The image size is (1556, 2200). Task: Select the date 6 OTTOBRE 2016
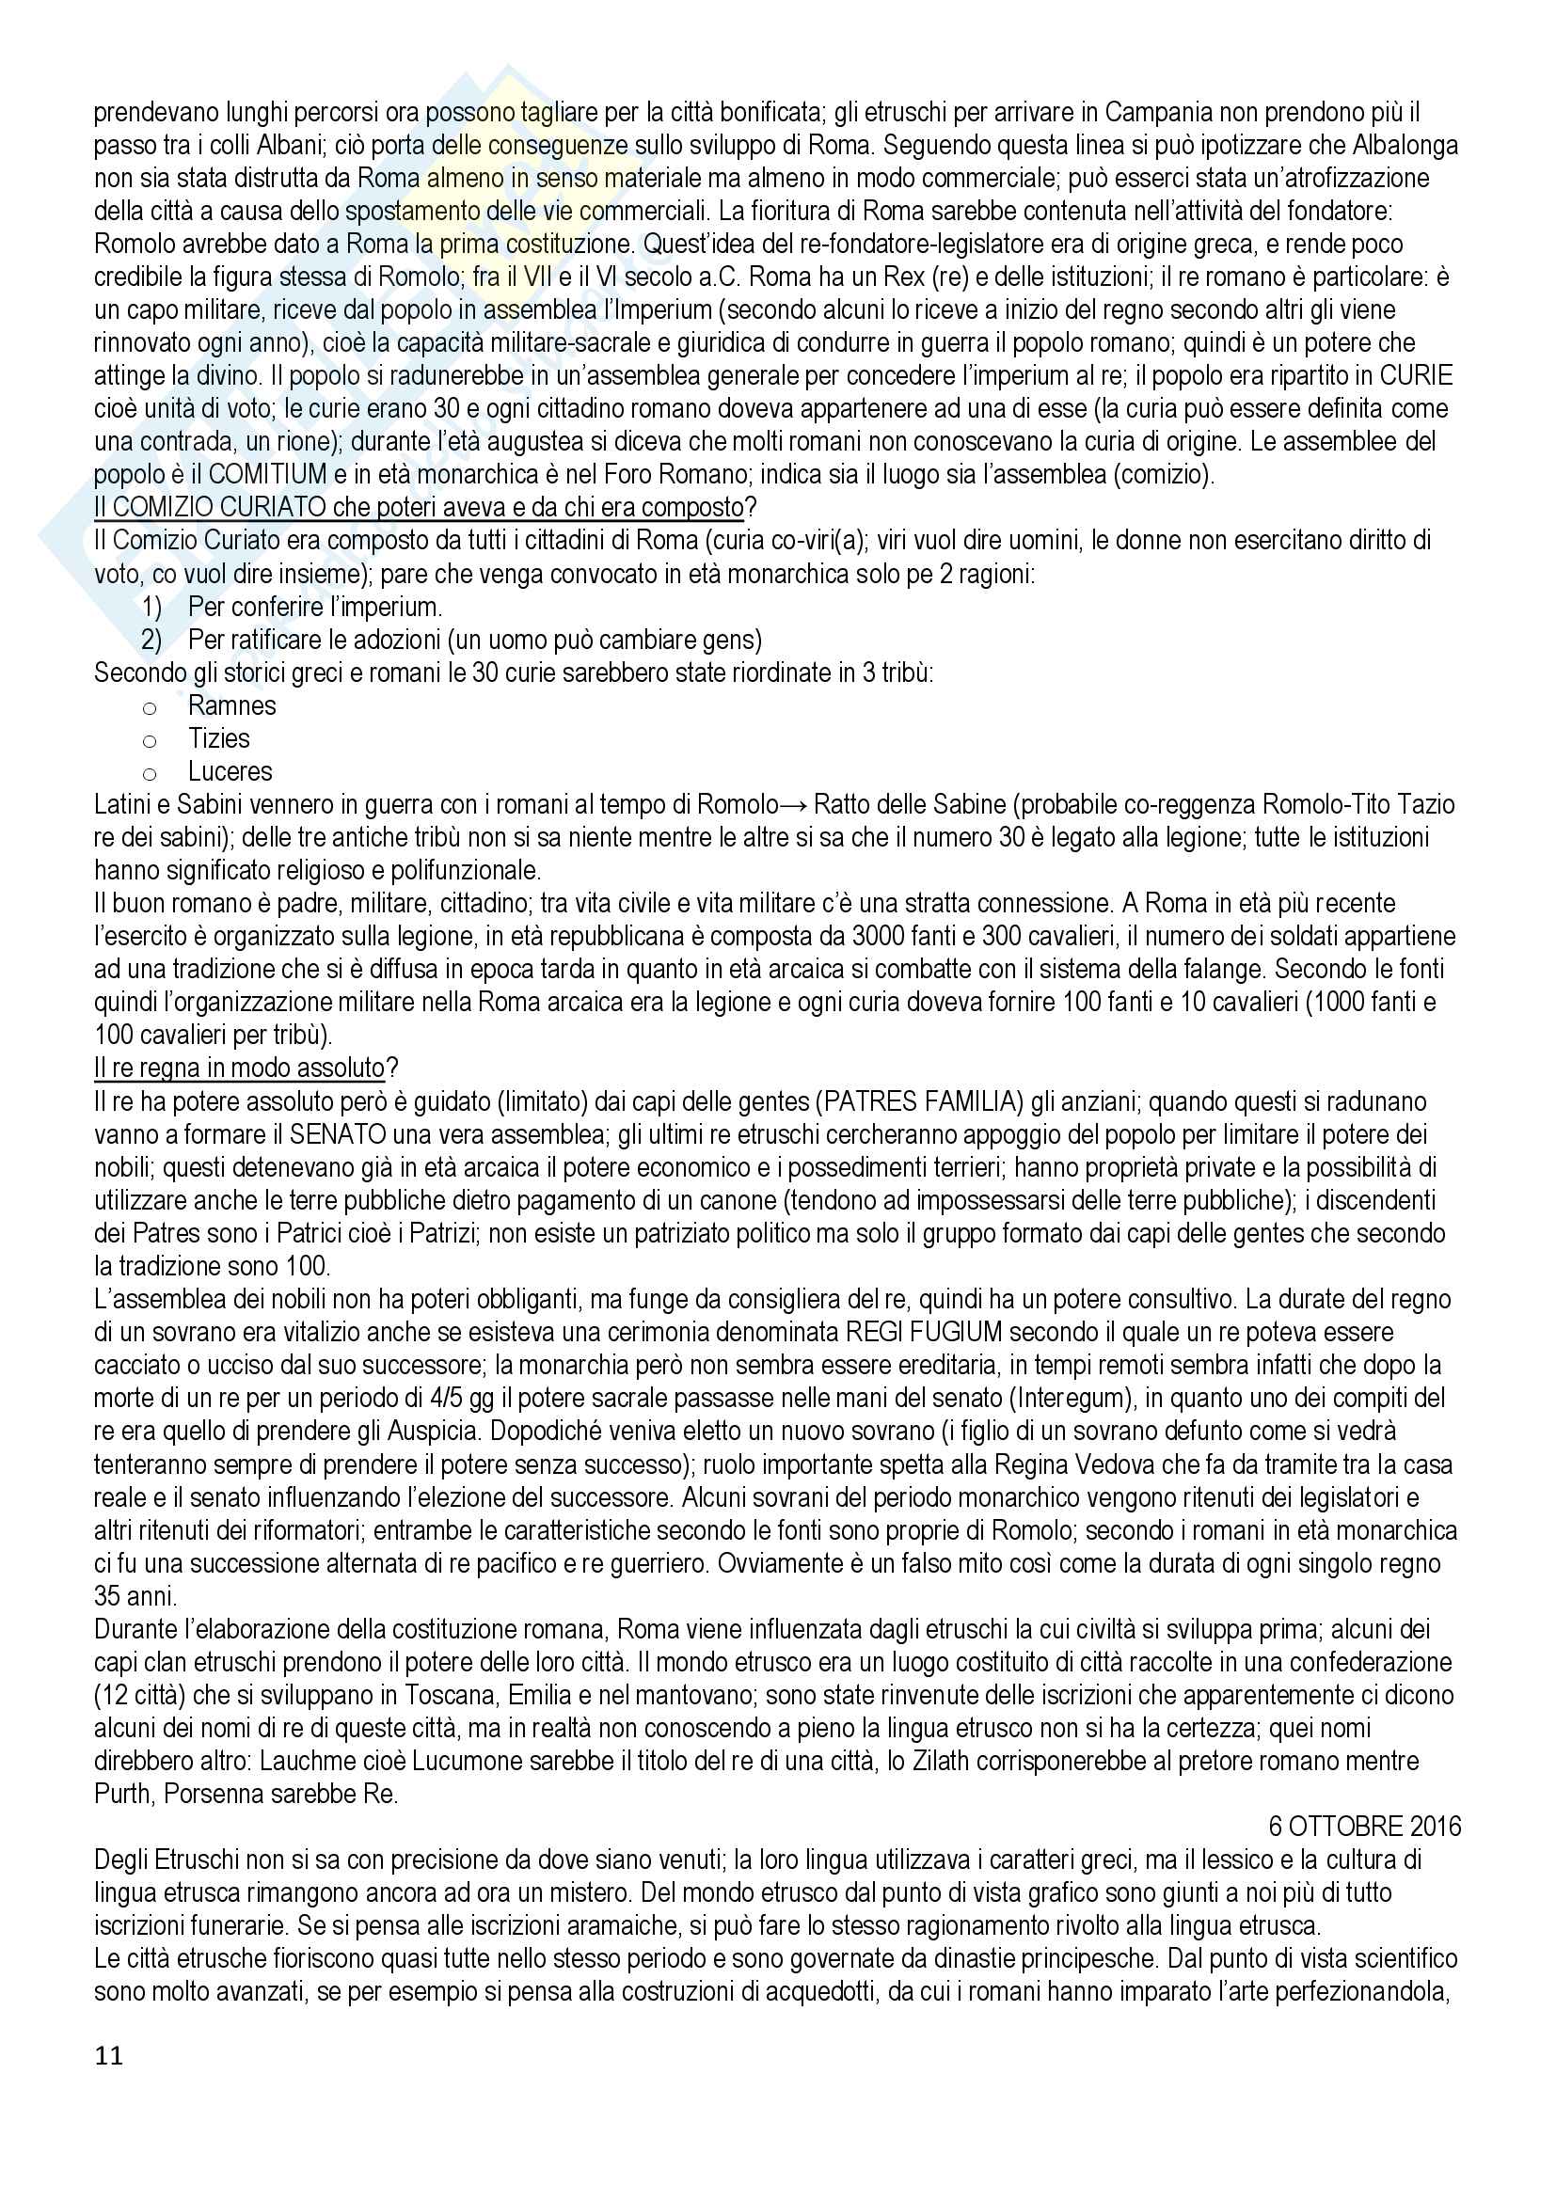pyautogui.click(x=1365, y=1827)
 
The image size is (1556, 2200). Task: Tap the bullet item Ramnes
pyautogui.click(x=231, y=706)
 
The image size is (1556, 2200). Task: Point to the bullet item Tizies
pyautogui.click(x=218, y=738)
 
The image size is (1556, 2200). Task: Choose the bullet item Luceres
pyautogui.click(x=230, y=771)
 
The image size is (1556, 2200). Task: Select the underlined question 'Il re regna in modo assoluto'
pyautogui.click(x=240, y=1068)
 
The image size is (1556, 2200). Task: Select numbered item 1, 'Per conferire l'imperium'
pyautogui.click(x=315, y=607)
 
